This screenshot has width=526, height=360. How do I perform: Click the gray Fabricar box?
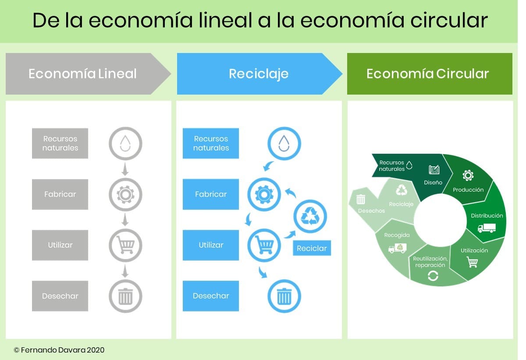60,194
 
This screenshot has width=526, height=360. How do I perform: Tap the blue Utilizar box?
211,245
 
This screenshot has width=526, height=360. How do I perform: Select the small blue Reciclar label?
312,248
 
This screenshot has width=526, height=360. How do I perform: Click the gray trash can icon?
125,296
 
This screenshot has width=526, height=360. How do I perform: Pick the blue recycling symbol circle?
310,216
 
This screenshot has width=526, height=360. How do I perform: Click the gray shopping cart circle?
125,245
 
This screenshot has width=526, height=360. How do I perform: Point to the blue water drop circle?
284,144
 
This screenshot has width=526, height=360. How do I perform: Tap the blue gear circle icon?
264,194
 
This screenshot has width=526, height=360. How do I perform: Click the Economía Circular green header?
430,74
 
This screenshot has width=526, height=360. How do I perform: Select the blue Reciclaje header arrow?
259,74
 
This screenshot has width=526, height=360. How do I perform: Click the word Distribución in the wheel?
487,215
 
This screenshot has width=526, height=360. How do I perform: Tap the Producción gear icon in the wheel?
468,175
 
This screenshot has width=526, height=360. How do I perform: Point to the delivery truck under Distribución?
487,228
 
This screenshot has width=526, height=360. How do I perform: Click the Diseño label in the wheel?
433,182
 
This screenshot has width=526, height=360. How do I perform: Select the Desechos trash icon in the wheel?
361,199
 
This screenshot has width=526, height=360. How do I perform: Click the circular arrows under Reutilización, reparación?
433,276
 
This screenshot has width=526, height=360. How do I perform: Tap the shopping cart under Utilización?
472,262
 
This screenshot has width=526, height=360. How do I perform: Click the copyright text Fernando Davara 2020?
59,350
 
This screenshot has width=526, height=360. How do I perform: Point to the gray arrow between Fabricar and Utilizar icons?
125,220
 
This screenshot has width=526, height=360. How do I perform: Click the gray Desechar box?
60,296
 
